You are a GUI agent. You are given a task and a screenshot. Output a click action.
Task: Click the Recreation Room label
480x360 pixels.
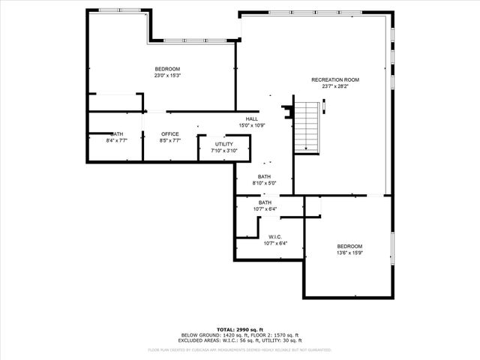pos(335,79)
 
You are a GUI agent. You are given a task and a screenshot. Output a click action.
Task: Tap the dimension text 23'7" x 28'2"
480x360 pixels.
pos(335,86)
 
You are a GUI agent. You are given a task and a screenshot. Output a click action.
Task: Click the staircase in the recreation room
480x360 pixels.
pos(306,127)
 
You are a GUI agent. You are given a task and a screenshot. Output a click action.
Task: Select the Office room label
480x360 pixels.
pos(170,134)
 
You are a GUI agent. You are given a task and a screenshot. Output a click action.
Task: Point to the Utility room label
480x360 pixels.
pos(223,144)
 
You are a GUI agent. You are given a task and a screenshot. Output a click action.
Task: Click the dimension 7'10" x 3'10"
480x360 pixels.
pos(223,151)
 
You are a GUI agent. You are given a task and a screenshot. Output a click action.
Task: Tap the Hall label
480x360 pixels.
pos(252,118)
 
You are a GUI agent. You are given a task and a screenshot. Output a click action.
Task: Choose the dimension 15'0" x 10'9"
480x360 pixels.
pos(252,124)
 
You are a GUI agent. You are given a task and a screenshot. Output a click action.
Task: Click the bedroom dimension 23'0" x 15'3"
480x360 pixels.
pos(167,75)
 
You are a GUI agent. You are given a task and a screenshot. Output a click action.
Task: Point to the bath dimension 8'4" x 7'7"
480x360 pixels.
pos(117,140)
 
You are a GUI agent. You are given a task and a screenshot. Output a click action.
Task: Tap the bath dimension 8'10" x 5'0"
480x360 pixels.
pos(265,183)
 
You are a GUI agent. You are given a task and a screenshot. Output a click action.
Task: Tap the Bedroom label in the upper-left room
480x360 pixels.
pos(167,69)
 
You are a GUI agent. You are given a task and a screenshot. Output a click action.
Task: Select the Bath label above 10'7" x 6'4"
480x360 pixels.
pos(265,202)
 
